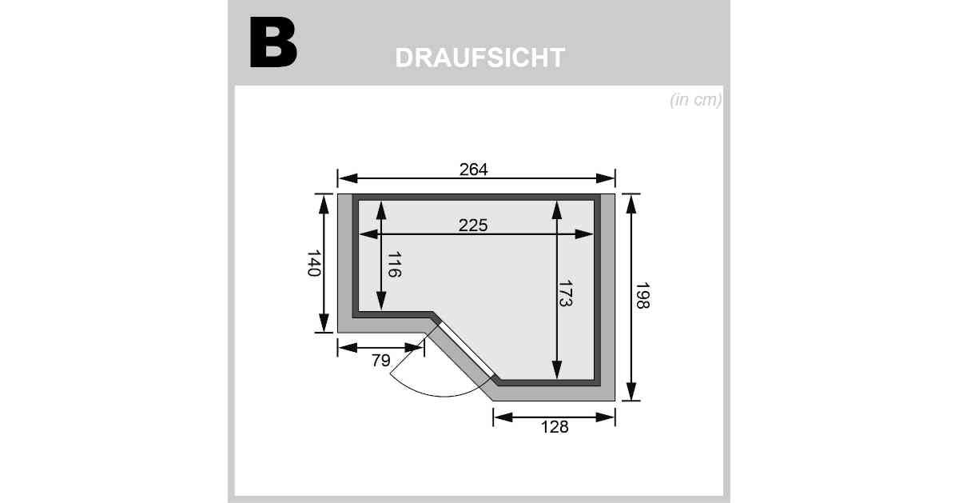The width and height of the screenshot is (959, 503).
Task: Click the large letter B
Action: [273, 42]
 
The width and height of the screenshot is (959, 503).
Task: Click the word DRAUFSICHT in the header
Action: [480, 58]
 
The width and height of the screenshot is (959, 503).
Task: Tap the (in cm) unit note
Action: [696, 100]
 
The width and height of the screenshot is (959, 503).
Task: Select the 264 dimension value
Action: [473, 170]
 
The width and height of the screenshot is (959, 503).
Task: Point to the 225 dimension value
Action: [473, 225]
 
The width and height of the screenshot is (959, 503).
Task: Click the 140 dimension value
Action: [314, 263]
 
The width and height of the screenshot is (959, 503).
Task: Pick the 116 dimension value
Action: [394, 265]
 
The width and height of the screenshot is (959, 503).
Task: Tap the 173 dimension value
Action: [566, 293]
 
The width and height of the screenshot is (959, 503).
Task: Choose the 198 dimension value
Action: [643, 295]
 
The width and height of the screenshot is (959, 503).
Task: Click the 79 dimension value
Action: [380, 361]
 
